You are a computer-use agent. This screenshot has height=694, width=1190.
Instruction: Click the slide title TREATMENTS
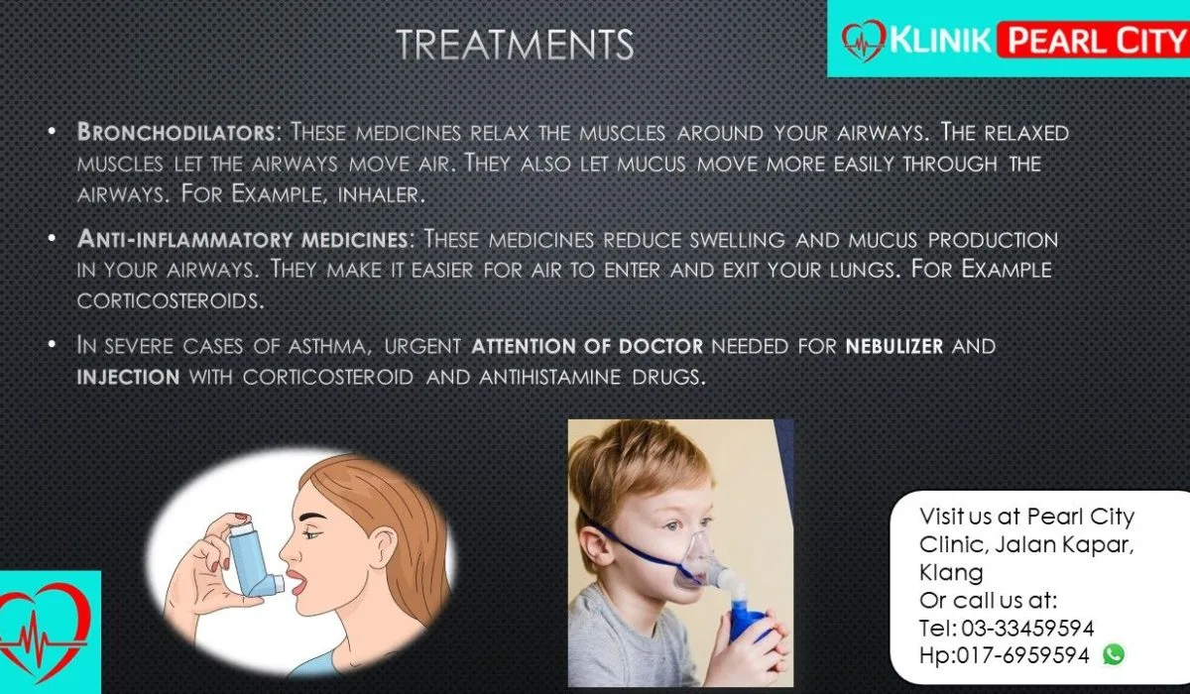[x=515, y=44]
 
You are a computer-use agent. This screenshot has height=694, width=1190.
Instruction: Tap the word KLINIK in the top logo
[x=940, y=40]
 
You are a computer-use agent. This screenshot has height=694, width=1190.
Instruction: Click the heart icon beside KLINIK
[x=864, y=41]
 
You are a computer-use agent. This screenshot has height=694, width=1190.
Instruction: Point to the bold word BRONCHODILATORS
[x=177, y=132]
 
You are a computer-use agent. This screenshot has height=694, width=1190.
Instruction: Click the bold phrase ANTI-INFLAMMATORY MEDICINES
[x=242, y=239]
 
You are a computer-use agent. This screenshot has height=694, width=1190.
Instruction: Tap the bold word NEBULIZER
[x=894, y=346]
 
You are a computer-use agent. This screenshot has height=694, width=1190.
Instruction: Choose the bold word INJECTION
[x=128, y=377]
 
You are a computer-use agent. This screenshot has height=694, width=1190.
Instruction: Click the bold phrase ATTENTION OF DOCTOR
[x=587, y=346]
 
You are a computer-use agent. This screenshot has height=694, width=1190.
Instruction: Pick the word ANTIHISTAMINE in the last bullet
[x=549, y=377]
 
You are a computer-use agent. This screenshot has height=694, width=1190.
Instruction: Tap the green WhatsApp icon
[x=1114, y=654]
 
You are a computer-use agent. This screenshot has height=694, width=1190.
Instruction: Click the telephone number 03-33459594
[x=1027, y=629]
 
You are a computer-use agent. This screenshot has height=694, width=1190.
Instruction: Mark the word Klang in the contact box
[x=951, y=573]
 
